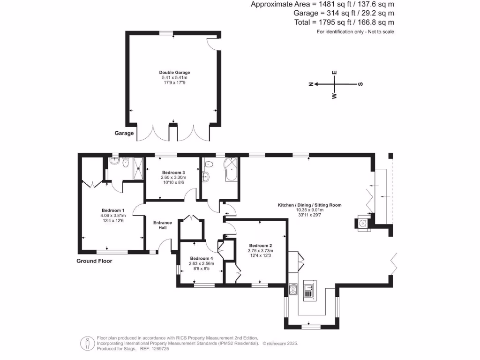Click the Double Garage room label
[174, 73]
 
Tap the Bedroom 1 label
[113, 210]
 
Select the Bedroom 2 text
[261, 246]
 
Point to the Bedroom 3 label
[173, 172]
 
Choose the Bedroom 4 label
[201, 258]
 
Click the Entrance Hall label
[163, 225]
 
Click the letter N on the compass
[311, 84]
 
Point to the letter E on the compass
[334, 73]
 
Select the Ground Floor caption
[94, 261]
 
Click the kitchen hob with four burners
[294, 289]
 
